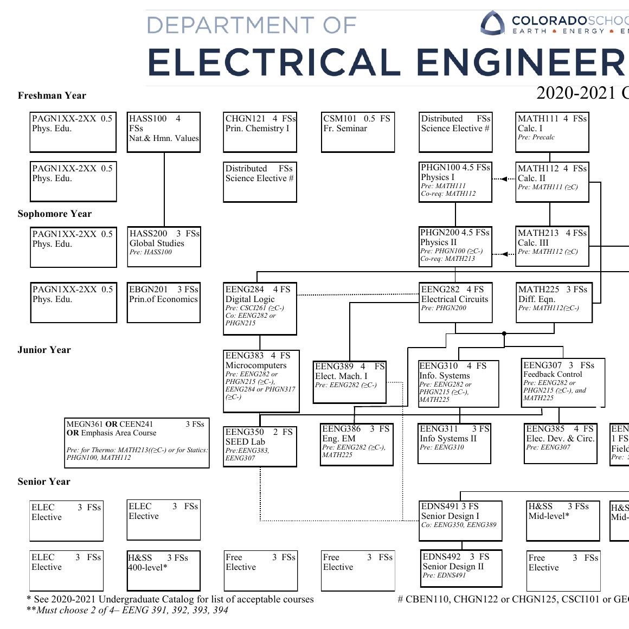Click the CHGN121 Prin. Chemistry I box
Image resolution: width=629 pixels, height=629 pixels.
(260, 132)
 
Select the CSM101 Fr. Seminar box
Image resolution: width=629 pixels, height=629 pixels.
(357, 132)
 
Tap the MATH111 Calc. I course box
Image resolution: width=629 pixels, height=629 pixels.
(552, 132)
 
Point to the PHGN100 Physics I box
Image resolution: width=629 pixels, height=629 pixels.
(455, 182)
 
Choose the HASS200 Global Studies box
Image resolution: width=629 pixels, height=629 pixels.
(164, 247)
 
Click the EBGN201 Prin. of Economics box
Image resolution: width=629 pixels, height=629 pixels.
(164, 303)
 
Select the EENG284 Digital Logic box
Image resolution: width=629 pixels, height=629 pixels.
(260, 308)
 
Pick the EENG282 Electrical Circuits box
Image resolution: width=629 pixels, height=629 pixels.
(455, 303)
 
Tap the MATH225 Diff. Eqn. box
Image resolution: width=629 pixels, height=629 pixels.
(554, 303)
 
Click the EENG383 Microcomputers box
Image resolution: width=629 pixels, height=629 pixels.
(261, 381)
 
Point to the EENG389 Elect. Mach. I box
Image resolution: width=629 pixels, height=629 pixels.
(350, 382)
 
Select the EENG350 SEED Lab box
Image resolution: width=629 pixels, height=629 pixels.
(260, 446)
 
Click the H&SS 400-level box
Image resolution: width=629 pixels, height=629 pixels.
(163, 570)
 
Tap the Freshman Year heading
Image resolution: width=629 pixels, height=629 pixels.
(52, 96)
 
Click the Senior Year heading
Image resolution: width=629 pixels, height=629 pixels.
(43, 482)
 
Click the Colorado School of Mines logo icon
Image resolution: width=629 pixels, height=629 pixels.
(492, 23)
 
